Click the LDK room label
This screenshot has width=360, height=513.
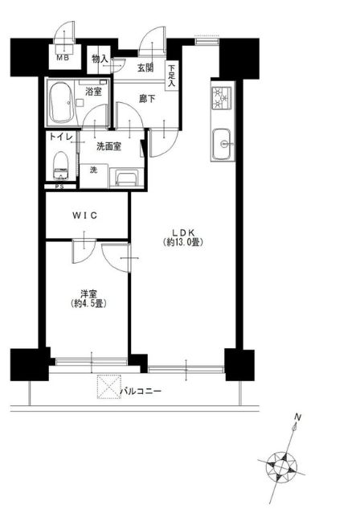(x=183, y=232)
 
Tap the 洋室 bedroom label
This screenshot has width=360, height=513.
(x=88, y=293)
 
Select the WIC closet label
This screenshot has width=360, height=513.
(x=84, y=215)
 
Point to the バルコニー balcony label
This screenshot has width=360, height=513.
(x=141, y=391)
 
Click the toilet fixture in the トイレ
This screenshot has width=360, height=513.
(x=61, y=166)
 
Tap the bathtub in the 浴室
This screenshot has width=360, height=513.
(x=62, y=102)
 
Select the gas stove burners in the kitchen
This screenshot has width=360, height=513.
(x=222, y=98)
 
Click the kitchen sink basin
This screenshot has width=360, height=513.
(x=222, y=143)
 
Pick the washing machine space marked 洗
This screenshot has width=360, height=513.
(x=94, y=175)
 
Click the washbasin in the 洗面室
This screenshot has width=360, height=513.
(x=126, y=179)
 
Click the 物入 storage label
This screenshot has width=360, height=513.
(x=100, y=59)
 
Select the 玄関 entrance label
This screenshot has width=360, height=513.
(x=145, y=68)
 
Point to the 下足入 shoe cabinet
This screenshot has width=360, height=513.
(x=172, y=76)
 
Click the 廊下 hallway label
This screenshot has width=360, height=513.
(x=147, y=98)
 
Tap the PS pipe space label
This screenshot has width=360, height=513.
(x=59, y=187)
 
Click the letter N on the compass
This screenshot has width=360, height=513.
(x=297, y=417)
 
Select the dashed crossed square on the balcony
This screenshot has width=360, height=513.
(x=109, y=387)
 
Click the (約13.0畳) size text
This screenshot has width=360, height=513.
(x=183, y=243)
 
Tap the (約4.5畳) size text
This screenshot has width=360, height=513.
(x=88, y=303)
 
